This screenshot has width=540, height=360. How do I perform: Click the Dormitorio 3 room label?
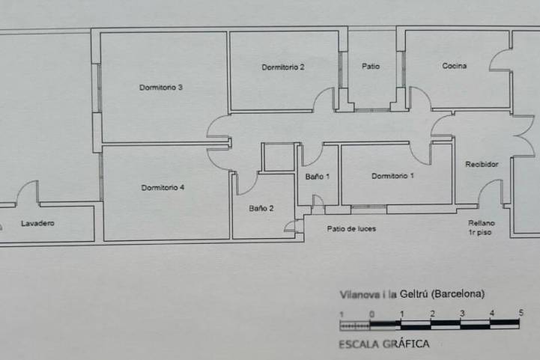click(x=161, y=88)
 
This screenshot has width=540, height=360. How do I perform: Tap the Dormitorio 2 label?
click(x=283, y=67)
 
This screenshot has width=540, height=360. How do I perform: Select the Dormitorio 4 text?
click(x=163, y=188)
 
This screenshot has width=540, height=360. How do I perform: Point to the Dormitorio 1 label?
click(x=392, y=176)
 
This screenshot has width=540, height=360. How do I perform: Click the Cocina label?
click(x=455, y=66)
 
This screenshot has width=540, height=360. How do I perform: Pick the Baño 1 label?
click(x=317, y=177)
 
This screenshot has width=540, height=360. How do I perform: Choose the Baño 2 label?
click(x=261, y=208)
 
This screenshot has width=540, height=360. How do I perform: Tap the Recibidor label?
click(x=482, y=164)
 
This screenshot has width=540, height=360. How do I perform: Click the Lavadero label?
click(x=37, y=223)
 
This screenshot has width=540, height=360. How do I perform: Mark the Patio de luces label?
click(x=351, y=229)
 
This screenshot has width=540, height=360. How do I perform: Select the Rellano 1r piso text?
click(x=481, y=228)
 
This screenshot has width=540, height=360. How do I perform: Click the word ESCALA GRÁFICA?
click(x=384, y=344)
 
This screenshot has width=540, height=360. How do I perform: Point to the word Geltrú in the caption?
click(x=413, y=294)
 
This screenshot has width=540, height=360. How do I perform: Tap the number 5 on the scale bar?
click(x=521, y=313)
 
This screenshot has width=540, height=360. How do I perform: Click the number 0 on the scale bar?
click(x=372, y=314)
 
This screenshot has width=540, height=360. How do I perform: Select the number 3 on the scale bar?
click(x=462, y=313)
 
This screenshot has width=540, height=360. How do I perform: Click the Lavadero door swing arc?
click(x=22, y=187)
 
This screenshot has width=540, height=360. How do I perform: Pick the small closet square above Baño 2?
click(x=279, y=157)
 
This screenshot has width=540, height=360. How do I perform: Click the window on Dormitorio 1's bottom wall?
click(x=368, y=207)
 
